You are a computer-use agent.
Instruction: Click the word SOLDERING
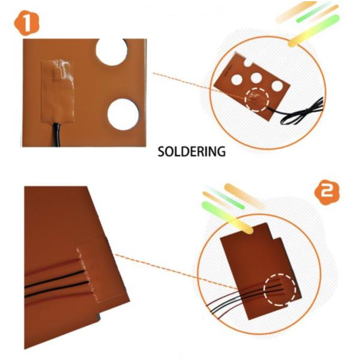191,151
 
